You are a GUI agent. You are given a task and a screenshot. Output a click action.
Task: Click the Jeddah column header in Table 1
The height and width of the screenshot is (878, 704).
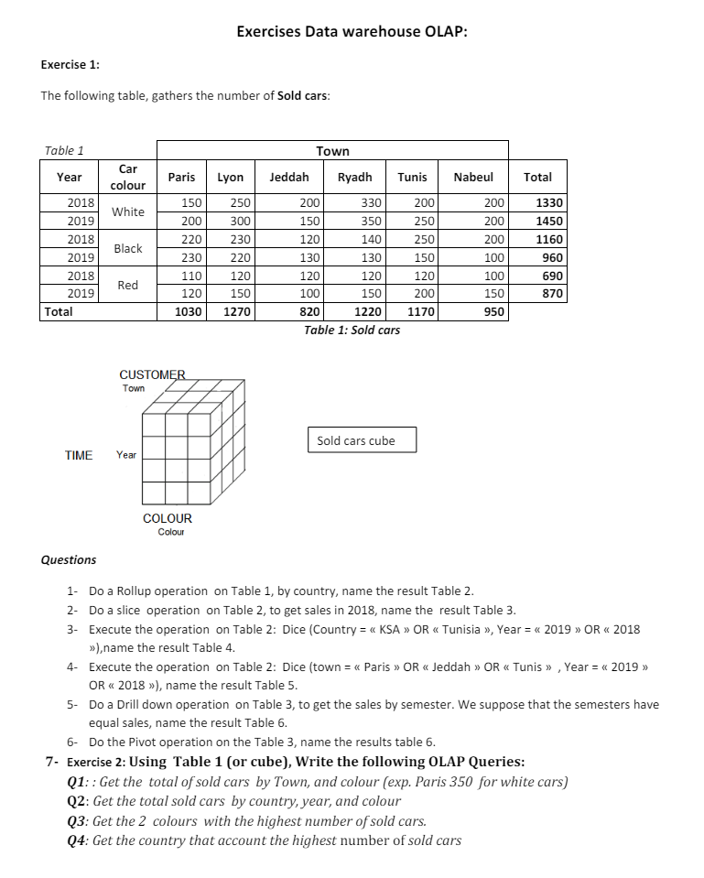click(289, 178)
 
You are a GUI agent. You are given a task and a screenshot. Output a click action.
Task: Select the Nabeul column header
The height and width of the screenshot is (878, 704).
click(473, 178)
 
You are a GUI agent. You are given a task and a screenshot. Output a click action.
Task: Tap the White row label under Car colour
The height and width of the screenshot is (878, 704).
click(128, 211)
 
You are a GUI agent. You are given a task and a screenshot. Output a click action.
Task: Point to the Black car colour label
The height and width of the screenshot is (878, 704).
click(128, 248)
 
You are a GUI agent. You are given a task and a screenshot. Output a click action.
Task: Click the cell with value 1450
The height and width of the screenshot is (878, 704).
click(547, 222)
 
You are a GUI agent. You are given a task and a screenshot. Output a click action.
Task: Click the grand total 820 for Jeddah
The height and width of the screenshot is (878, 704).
click(309, 312)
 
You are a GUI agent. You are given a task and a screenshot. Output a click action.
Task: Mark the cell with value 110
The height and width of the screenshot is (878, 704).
click(191, 276)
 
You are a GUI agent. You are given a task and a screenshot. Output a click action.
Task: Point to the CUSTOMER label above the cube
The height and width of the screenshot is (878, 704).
click(152, 374)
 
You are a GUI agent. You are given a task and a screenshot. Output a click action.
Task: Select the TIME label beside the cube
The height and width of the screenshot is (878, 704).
click(79, 455)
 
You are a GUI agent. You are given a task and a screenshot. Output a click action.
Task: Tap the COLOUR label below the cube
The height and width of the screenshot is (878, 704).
click(168, 518)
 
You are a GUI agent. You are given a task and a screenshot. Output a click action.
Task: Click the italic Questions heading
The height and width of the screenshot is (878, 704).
click(69, 559)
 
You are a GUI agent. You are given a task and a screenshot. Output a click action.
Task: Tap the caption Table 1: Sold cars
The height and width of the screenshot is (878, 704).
click(352, 330)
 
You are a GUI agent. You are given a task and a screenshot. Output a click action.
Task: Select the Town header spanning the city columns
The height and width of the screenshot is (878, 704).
click(332, 151)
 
